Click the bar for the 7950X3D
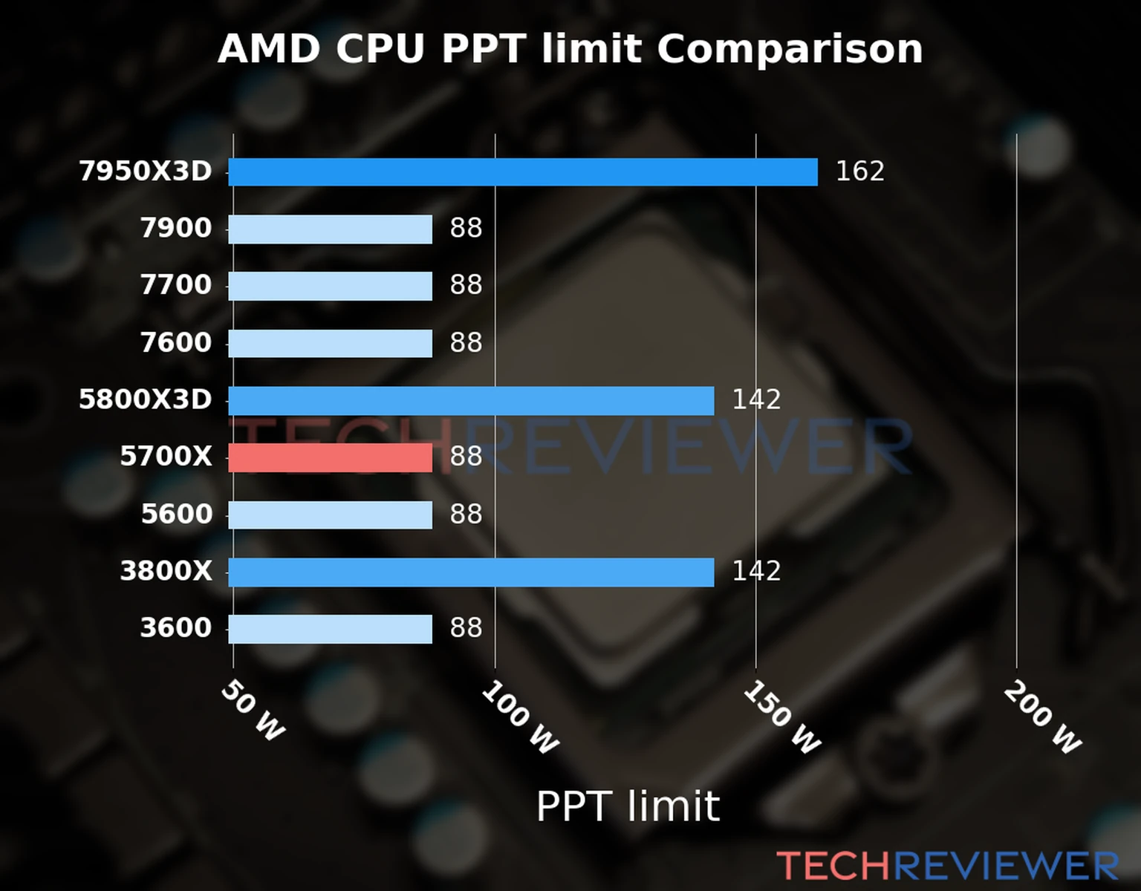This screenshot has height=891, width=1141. (522, 172)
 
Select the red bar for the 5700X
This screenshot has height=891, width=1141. (330, 457)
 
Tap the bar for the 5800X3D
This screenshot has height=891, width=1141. (471, 400)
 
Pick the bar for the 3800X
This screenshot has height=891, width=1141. (471, 572)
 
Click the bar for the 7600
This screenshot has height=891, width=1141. (330, 343)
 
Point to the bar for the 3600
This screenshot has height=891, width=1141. (330, 629)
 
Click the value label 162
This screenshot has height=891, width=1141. (859, 172)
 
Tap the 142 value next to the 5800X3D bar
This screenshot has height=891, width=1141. (756, 400)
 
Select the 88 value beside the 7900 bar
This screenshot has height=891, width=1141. (466, 228)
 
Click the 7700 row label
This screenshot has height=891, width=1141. (176, 285)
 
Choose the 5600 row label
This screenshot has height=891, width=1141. (176, 514)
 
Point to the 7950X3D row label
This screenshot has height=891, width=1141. (146, 172)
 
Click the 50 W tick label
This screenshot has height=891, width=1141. (253, 711)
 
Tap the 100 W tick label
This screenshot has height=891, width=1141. (519, 718)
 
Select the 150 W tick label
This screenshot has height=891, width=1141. (781, 718)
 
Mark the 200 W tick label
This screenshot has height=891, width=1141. (1042, 718)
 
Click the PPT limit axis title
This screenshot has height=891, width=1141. (628, 806)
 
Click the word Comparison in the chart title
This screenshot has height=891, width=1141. (789, 49)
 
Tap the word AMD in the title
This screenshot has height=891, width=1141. (269, 49)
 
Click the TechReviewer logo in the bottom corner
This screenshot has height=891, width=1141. (947, 866)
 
